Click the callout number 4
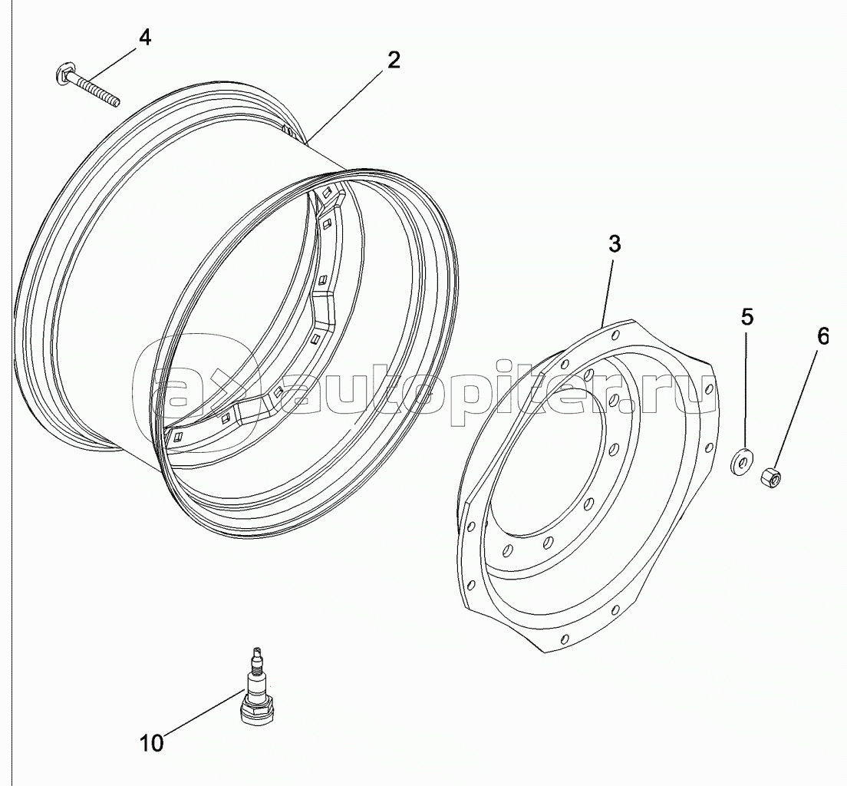[x=145, y=38]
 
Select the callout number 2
[x=394, y=60]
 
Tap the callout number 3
[x=615, y=244]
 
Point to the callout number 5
[x=746, y=317]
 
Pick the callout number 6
[x=822, y=336]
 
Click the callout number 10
[x=152, y=743]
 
